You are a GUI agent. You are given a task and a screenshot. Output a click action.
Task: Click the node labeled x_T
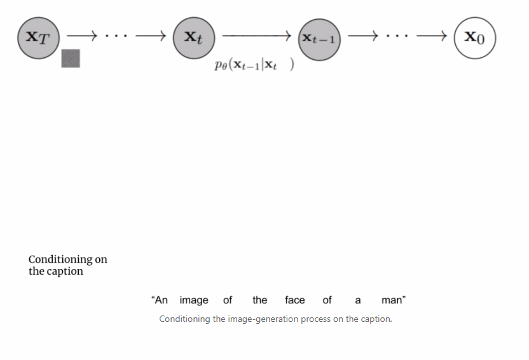tap(38, 38)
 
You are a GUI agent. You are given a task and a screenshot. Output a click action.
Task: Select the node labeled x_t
tap(194, 38)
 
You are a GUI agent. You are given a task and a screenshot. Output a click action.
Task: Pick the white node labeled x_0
tap(475, 38)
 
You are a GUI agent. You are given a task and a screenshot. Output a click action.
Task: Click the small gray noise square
tap(71, 59)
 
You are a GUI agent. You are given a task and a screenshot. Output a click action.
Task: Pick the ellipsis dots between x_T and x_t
tap(116, 36)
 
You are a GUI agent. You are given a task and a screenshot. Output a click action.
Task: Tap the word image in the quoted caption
tap(194, 300)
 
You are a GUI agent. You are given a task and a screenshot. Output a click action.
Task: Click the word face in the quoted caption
tap(295, 300)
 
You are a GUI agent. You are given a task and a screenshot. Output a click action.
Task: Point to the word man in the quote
tap(392, 300)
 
